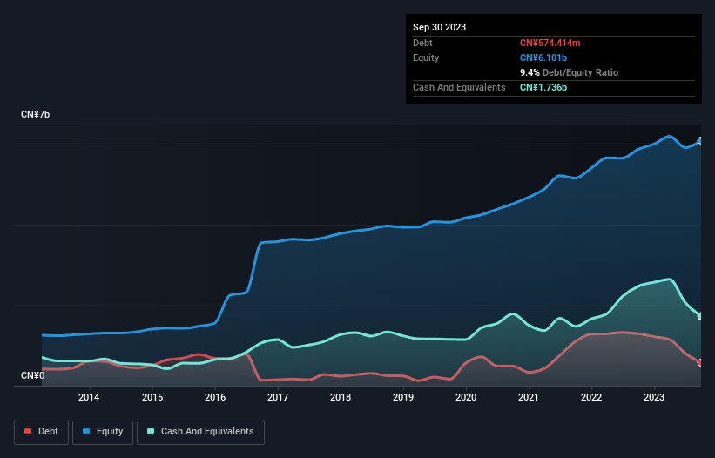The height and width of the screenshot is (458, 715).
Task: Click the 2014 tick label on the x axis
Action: (x=89, y=398)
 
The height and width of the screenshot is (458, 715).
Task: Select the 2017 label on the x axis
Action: (x=278, y=398)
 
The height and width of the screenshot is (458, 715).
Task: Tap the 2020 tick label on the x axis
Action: (x=466, y=398)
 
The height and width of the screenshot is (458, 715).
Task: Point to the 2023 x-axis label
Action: (x=654, y=398)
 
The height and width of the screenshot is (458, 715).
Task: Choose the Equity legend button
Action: (x=103, y=431)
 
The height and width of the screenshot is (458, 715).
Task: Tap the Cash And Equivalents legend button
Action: (x=200, y=431)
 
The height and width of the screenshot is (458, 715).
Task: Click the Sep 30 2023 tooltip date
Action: (x=439, y=27)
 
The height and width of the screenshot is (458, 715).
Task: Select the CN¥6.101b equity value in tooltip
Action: (x=544, y=57)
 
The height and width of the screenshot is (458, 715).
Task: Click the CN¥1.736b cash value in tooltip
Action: (x=544, y=87)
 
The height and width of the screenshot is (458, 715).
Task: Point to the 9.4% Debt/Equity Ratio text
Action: (x=569, y=72)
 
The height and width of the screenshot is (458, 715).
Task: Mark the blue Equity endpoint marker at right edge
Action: (x=699, y=140)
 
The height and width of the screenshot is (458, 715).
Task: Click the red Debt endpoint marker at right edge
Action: (x=699, y=362)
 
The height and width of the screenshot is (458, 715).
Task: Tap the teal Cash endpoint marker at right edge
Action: (x=699, y=316)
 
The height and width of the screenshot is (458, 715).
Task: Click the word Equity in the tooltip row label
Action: (x=426, y=57)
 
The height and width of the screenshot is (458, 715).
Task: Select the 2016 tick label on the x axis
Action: (x=215, y=398)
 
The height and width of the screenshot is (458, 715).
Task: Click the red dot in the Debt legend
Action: (x=29, y=431)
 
